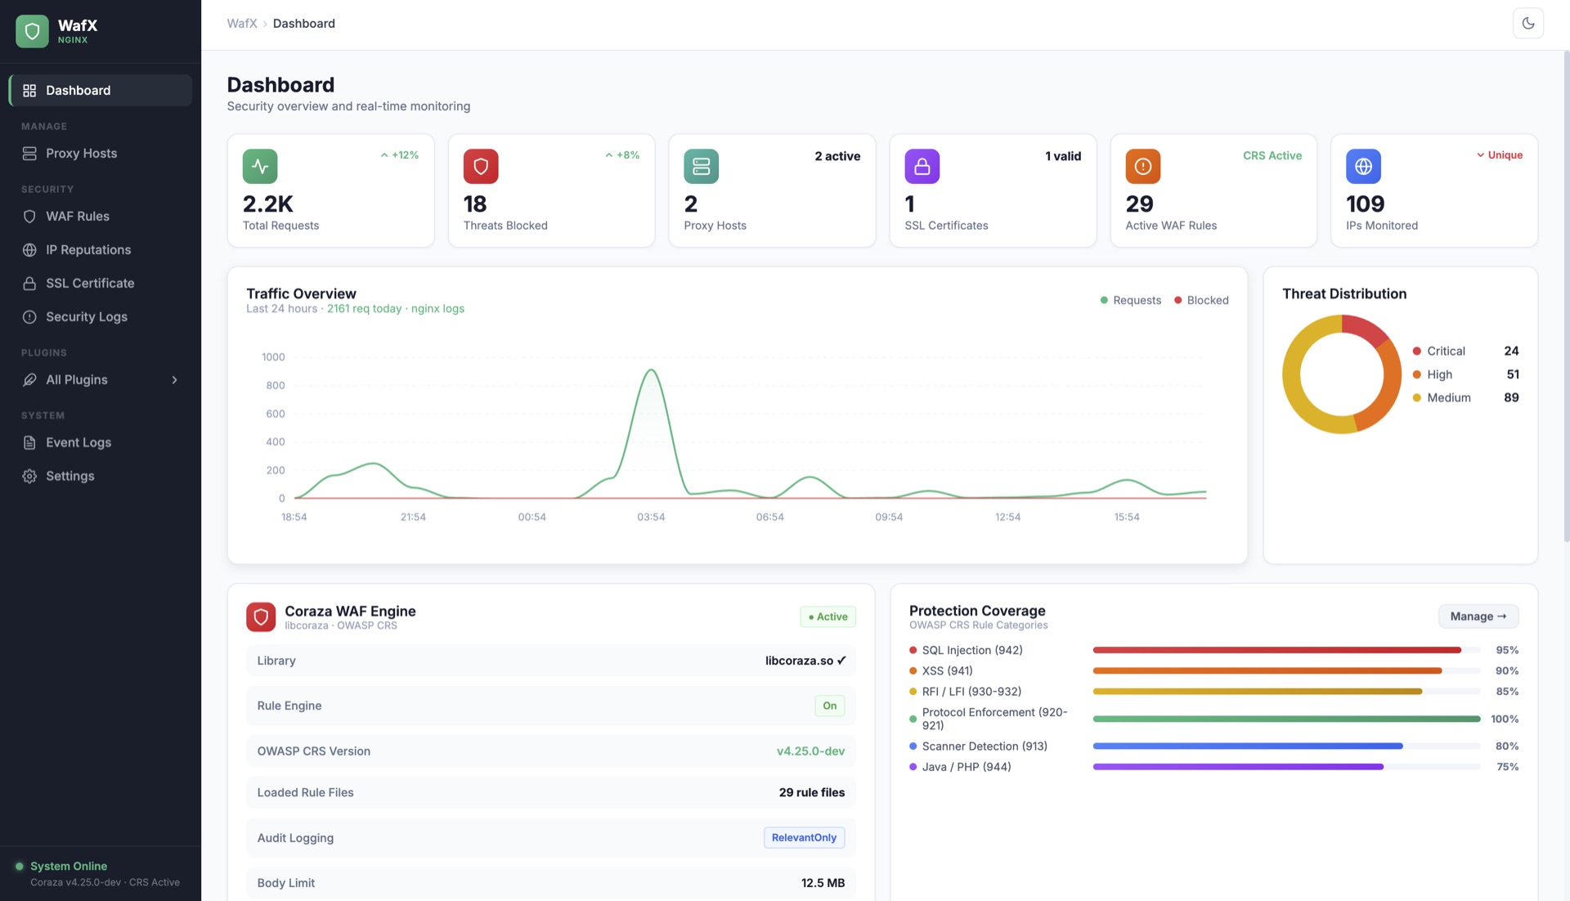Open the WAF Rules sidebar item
coord(77,216)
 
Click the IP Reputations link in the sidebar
coord(87,249)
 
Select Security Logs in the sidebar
coord(86,316)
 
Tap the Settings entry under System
coord(70,476)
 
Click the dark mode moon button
coord(1527,24)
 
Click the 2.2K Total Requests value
coord(267,204)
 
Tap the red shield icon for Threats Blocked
coord(481,166)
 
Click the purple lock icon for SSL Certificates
coord(922,166)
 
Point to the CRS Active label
coord(1272,155)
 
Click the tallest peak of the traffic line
coord(651,370)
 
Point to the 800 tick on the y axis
coord(275,385)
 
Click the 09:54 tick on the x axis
coord(889,517)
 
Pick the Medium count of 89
coord(1511,397)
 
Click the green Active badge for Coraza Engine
coord(828,616)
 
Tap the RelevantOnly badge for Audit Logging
coord(804,837)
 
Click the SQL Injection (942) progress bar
coord(1276,650)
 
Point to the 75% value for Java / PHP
coord(1507,767)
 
